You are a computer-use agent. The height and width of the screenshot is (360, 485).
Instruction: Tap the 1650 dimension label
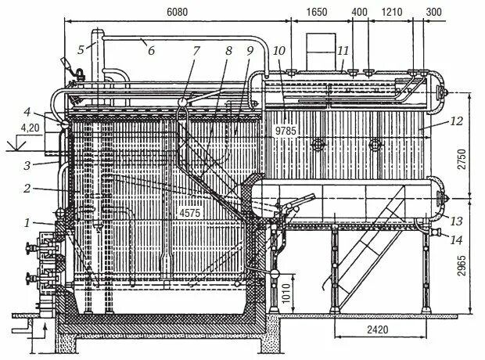[316, 13]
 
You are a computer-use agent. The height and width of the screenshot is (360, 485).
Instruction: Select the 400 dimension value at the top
[360, 13]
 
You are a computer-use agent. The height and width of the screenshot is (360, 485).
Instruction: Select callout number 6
[150, 50]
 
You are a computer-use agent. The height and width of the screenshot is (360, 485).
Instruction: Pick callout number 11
[341, 50]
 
